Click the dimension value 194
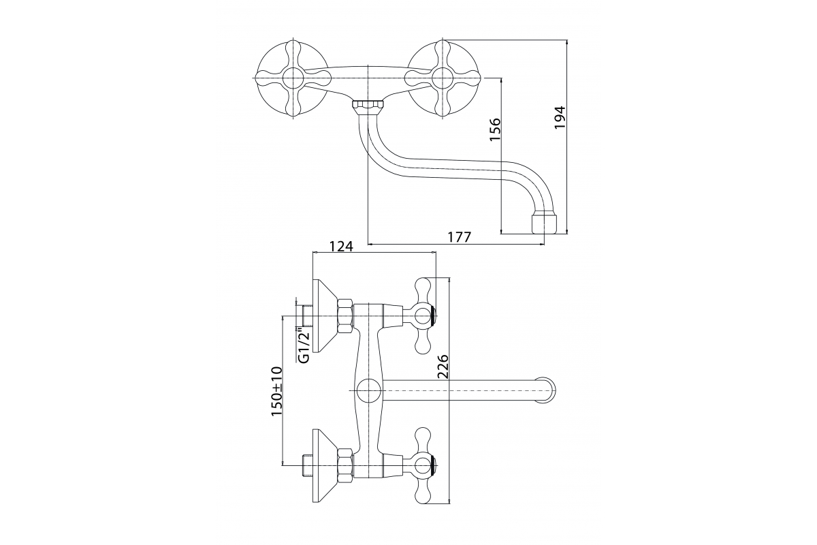560,117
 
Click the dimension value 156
495,129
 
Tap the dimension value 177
460,237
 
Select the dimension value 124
341,246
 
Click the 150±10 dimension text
276,392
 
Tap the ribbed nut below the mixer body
368,107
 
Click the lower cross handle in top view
423,466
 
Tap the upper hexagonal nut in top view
345,315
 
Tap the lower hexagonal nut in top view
345,466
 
